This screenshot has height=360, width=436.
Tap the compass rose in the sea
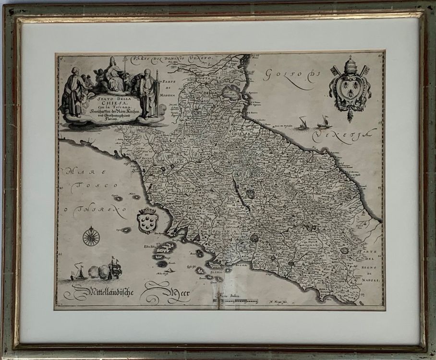point(91,236)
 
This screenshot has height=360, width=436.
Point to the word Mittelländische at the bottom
point(103,291)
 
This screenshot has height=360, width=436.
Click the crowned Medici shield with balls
point(147,221)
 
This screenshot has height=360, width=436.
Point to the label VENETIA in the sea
point(341,135)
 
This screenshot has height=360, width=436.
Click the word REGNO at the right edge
point(370,268)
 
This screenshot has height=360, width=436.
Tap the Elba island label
point(147,248)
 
